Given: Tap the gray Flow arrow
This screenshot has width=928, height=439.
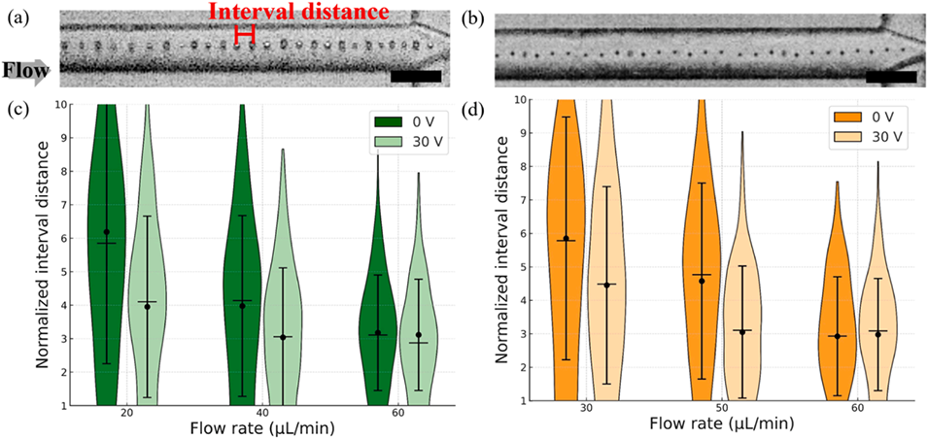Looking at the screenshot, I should point(23,69).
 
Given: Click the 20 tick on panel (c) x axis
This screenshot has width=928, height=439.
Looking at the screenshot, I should point(127,412).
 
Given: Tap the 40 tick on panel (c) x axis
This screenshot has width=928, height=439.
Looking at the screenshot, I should point(262,412).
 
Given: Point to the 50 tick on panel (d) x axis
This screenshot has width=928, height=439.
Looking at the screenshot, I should point(721,410).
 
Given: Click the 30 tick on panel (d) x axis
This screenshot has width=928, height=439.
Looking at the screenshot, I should point(586,410).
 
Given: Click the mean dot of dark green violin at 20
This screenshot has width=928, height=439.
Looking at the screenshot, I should point(107,231).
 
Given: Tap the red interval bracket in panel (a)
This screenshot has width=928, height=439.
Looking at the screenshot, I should point(245,32).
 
